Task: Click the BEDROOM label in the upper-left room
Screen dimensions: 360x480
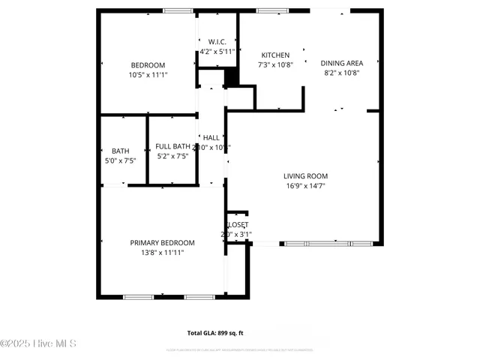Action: click(x=148, y=65)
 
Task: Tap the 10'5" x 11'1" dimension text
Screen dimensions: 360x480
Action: click(x=148, y=75)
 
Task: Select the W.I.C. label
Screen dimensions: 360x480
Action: click(x=217, y=41)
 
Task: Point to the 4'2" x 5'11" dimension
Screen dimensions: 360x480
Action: click(x=217, y=52)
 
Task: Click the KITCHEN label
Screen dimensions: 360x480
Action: click(x=275, y=55)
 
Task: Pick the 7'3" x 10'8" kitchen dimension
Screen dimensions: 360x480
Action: click(x=275, y=65)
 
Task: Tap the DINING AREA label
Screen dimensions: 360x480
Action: click(x=342, y=63)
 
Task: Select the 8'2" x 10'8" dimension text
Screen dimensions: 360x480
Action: click(x=342, y=73)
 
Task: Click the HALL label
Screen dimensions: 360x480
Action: click(x=211, y=138)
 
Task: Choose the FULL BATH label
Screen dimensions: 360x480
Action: click(x=172, y=146)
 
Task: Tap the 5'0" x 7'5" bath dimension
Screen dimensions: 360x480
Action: click(x=121, y=160)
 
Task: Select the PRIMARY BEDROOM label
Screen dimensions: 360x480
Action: click(x=162, y=243)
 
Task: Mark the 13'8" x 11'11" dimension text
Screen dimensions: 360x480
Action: click(x=162, y=253)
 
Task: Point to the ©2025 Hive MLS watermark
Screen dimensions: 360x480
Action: click(x=38, y=344)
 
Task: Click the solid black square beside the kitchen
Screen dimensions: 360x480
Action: click(x=232, y=77)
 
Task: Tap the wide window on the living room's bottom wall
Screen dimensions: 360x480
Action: click(x=328, y=244)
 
